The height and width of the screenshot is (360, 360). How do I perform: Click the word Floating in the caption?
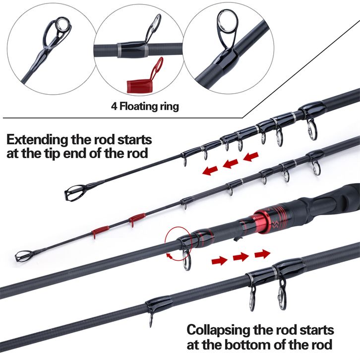(x=135, y=107)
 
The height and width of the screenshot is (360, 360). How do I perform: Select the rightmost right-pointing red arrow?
(x=262, y=254)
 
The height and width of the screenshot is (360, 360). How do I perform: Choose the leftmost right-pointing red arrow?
(x=220, y=260)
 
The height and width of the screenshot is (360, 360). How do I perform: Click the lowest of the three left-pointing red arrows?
(x=210, y=171)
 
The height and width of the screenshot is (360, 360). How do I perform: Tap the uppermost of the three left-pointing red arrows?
(x=251, y=157)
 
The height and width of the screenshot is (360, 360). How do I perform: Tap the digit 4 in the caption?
(x=114, y=107)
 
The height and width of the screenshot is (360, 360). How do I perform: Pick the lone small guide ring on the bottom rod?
(x=151, y=320)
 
